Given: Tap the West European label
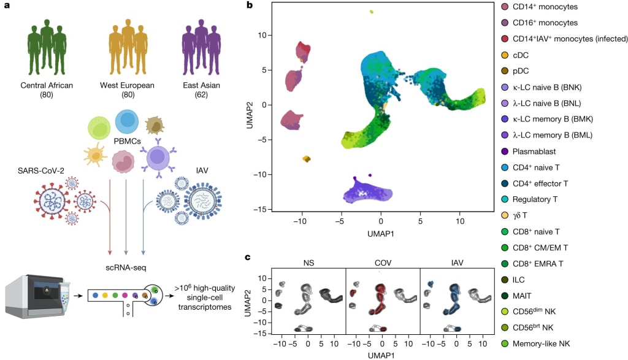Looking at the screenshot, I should coord(127,85).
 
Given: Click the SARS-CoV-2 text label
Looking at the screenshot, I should coord(38,169).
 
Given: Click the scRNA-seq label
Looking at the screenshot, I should coord(128,267).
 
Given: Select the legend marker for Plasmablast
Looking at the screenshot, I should coord(505,151).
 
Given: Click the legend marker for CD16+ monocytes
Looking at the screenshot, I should coord(505,23).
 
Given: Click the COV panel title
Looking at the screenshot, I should coord(383,262).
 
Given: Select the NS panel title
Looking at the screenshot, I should coord(309,262).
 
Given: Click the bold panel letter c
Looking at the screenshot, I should coord(248,257).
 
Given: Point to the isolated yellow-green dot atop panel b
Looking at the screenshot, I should coord(371,12).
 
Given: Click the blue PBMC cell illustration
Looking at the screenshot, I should coord(127,122).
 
